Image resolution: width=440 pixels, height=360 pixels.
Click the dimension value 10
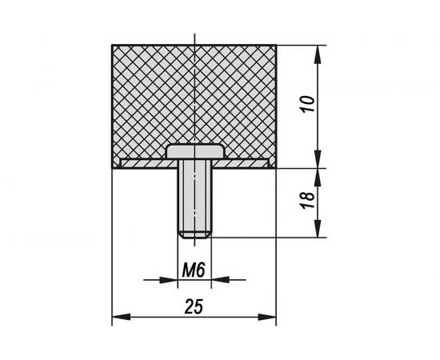(x=308, y=104)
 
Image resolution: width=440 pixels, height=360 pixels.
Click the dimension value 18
(x=308, y=200)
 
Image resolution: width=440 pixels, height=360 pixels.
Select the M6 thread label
(x=194, y=270)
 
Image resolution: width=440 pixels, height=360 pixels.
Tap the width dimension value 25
(x=194, y=306)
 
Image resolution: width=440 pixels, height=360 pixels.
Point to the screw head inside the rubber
(x=195, y=152)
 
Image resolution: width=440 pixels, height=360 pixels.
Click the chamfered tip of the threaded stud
(x=194, y=235)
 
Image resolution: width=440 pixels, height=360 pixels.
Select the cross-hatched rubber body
(x=194, y=101)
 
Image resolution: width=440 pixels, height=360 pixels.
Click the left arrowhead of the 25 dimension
(x=122, y=317)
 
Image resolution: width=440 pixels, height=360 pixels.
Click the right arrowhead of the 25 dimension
(x=267, y=317)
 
